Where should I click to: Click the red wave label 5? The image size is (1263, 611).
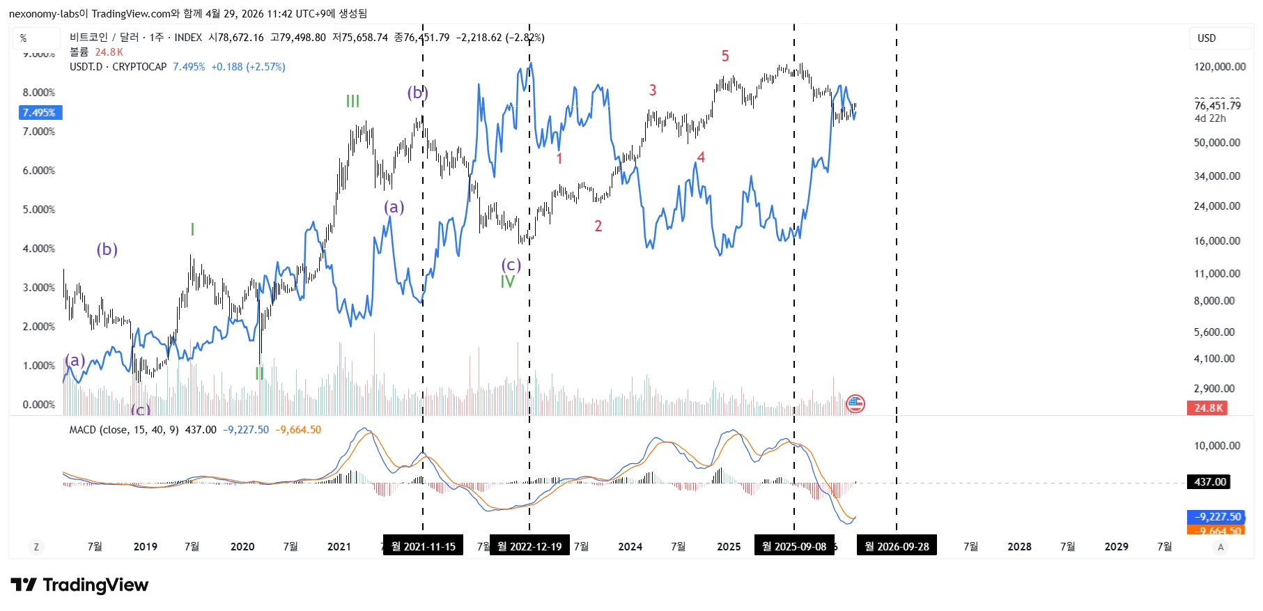(x=725, y=56)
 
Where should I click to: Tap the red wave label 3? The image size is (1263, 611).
(x=653, y=90)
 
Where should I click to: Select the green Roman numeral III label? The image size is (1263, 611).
(x=353, y=102)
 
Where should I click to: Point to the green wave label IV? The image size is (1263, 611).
(x=508, y=282)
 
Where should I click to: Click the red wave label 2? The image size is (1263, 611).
(x=598, y=226)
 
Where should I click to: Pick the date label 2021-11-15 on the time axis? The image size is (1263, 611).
(x=423, y=546)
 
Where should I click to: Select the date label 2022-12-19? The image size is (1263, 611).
(x=529, y=546)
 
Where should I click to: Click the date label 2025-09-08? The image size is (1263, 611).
(x=794, y=546)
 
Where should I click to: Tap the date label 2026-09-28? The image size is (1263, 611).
(x=897, y=546)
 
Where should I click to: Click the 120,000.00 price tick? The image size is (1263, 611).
(x=1220, y=67)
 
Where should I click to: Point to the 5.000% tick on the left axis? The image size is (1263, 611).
(x=39, y=209)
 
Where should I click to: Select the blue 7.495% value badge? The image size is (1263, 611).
(x=40, y=112)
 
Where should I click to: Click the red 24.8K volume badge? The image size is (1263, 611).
(x=1207, y=408)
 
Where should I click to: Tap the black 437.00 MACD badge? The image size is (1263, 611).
(x=1209, y=481)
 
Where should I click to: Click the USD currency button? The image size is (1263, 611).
(x=1207, y=38)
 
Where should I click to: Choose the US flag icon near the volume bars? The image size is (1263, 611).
(x=855, y=403)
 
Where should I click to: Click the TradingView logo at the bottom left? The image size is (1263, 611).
(x=80, y=585)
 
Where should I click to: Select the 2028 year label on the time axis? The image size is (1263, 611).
(x=1019, y=546)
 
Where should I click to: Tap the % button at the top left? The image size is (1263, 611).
(x=24, y=38)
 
